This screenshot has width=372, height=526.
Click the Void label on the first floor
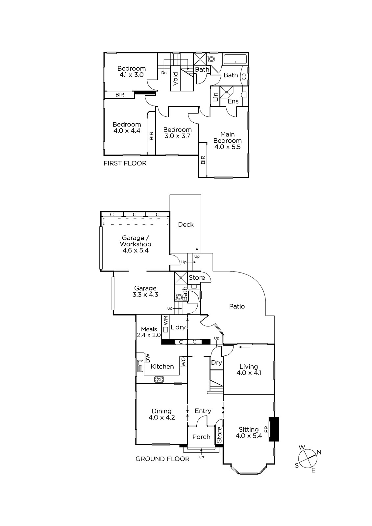[176, 79]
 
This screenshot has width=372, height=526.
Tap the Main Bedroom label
[227, 138]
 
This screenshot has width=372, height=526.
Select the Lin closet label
[215, 97]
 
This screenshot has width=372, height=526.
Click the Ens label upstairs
[233, 101]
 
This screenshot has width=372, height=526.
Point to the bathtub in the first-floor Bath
[235, 60]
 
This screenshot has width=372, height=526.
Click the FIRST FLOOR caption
[125, 163]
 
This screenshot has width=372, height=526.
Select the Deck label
[186, 225]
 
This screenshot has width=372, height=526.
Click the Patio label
[237, 306]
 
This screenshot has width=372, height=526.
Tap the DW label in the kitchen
[148, 358]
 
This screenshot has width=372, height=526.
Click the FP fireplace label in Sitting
[266, 429]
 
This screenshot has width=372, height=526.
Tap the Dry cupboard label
[216, 363]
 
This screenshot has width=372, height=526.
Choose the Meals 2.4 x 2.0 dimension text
[149, 335]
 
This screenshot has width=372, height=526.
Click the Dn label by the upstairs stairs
[164, 73]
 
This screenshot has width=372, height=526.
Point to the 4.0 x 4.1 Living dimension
[249, 373]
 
